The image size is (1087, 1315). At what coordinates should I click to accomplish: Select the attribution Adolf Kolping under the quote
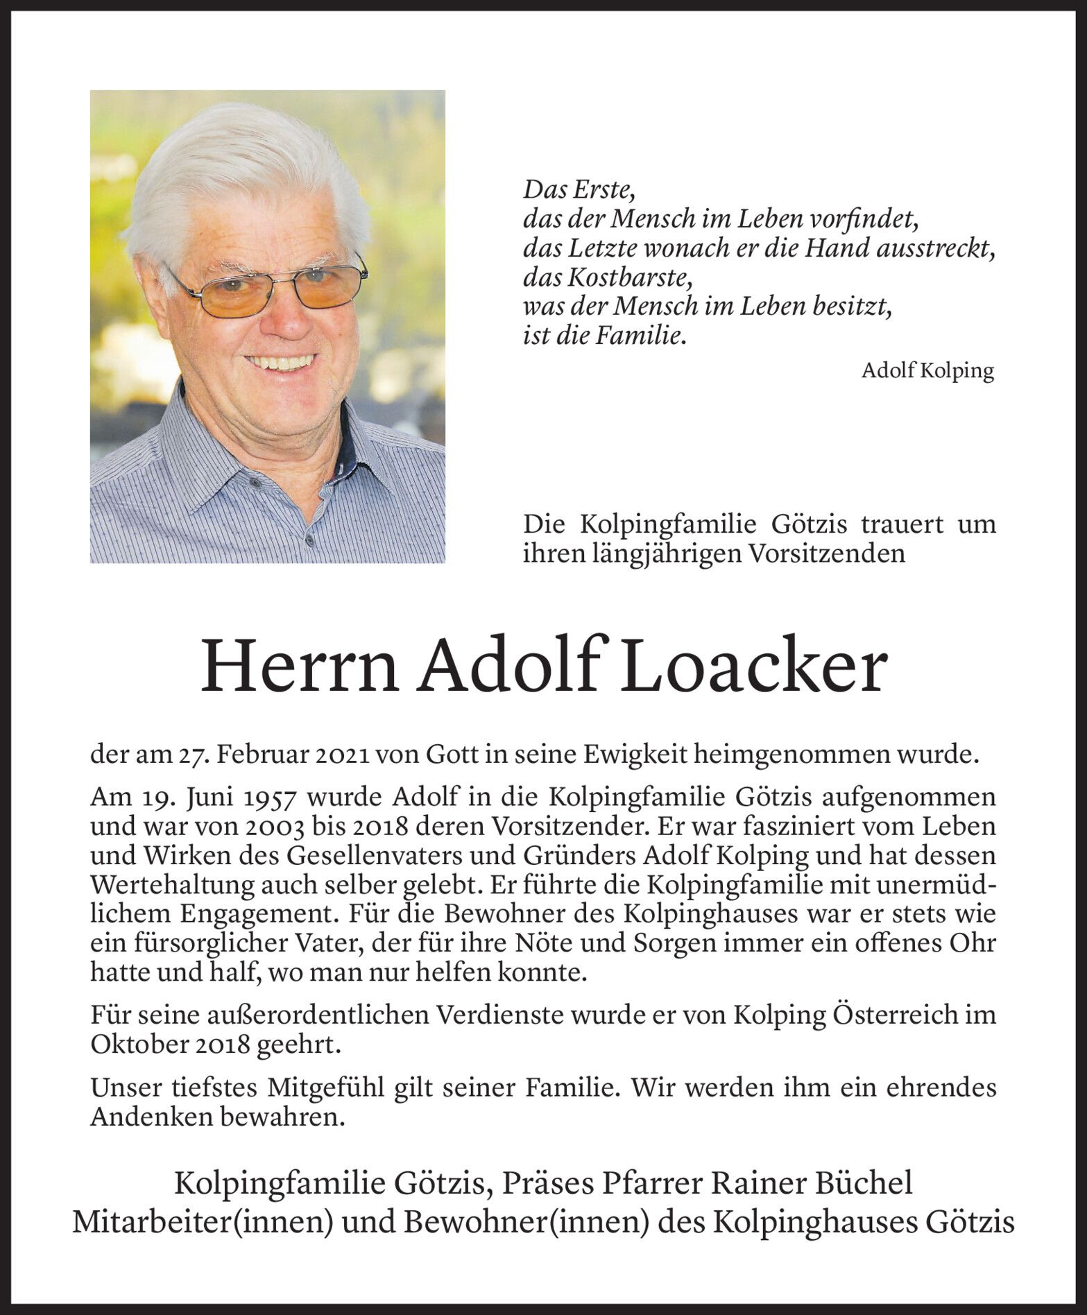[x=927, y=371]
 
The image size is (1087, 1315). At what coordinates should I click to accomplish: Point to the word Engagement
[x=260, y=914]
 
